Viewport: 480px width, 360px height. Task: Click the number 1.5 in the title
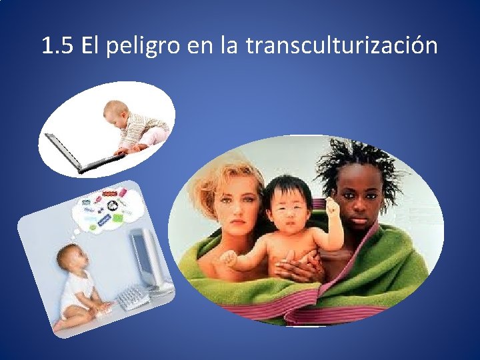pyautogui.click(x=57, y=46)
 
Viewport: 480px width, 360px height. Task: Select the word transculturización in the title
pyautogui.click(x=341, y=46)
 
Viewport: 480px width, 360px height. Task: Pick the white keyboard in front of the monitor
pyautogui.click(x=133, y=295)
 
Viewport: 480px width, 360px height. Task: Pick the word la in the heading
pyautogui.click(x=229, y=46)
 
